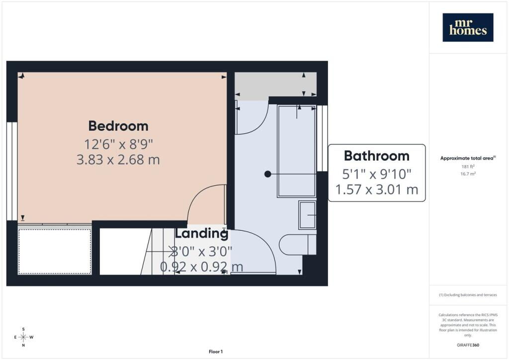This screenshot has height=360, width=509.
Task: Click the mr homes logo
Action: tap(468, 27)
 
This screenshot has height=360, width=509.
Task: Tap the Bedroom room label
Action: tap(118, 126)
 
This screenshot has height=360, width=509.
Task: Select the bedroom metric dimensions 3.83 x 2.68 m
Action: tap(118, 160)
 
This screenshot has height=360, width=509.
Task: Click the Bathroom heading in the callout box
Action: tap(377, 156)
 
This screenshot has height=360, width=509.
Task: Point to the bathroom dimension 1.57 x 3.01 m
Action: tap(377, 189)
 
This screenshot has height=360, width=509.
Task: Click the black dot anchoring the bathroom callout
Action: tap(268, 174)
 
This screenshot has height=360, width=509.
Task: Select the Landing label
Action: tap(202, 233)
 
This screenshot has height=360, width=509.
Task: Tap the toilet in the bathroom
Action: tap(297, 245)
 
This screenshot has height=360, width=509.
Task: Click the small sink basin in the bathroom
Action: tap(307, 215)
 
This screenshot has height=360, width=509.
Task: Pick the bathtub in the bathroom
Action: tap(297, 151)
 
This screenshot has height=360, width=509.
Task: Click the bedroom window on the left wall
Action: tap(12, 172)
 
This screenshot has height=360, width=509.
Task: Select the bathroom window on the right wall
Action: tap(322, 138)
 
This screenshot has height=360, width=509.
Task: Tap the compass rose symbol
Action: tap(23, 337)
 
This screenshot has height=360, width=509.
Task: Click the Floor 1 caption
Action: tap(216, 352)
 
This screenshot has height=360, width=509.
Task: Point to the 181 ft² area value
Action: tap(468, 167)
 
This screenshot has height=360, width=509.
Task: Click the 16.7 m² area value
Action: tap(468, 174)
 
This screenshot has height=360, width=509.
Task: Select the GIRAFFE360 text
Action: tap(468, 345)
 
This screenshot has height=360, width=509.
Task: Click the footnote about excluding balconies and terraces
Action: tap(468, 295)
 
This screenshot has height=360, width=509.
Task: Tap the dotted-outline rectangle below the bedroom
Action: tap(55, 252)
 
